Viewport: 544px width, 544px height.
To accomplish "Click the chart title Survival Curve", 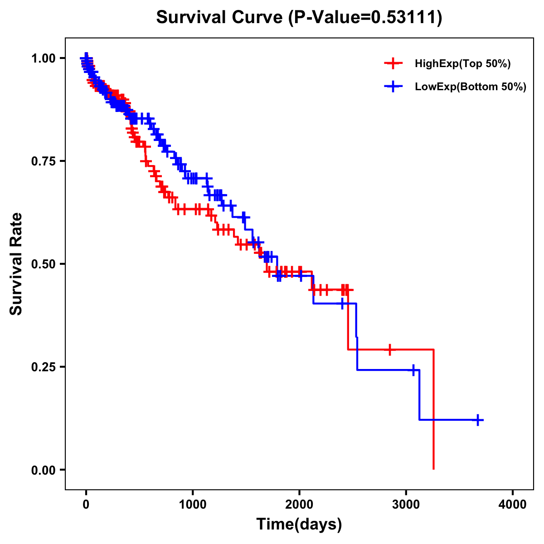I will coord(220,18).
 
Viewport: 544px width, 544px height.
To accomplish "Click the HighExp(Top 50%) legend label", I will coord(462,64).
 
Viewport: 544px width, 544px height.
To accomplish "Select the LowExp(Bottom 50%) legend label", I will coord(471,87).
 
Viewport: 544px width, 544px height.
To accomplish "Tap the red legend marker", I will coord(393,64).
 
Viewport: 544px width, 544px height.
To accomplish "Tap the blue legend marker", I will coord(393,87).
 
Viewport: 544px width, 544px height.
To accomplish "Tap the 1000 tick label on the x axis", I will coord(193,505).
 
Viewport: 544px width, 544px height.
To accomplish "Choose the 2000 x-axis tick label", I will coord(299,505).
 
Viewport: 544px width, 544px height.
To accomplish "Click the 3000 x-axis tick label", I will coord(406,505).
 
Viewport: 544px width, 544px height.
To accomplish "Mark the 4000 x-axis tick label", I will coord(513,505).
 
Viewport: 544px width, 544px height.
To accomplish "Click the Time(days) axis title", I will coord(299,525).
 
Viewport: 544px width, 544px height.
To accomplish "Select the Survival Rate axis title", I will coord(16,264).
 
